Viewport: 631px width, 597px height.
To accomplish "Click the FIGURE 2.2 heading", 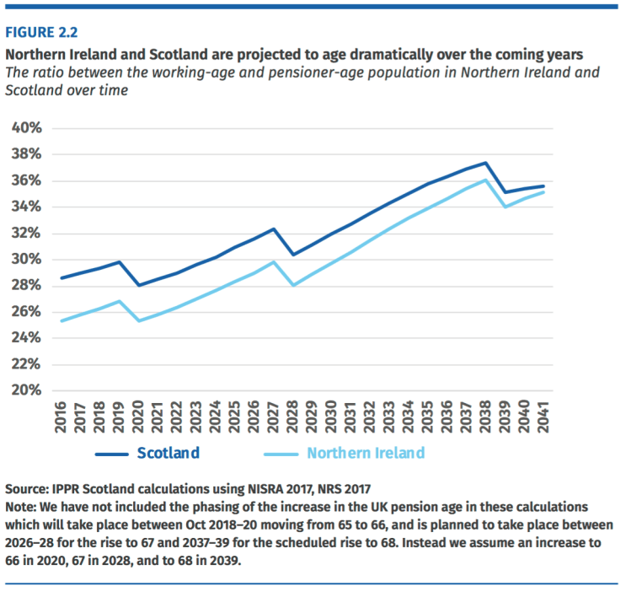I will click(x=42, y=33).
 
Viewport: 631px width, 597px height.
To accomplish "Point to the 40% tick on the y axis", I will click(x=25, y=128).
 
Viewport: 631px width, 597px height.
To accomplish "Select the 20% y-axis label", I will click(x=25, y=390).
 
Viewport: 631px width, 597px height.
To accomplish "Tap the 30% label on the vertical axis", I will click(x=25, y=259).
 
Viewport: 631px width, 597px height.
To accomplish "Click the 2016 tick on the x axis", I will click(x=60, y=417).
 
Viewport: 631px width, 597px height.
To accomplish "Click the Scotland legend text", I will click(x=168, y=453).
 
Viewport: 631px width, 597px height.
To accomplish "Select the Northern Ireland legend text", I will click(x=366, y=453).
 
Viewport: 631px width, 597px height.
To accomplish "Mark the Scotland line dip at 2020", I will click(x=138, y=285).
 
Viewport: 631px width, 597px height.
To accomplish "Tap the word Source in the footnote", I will click(x=27, y=489).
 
